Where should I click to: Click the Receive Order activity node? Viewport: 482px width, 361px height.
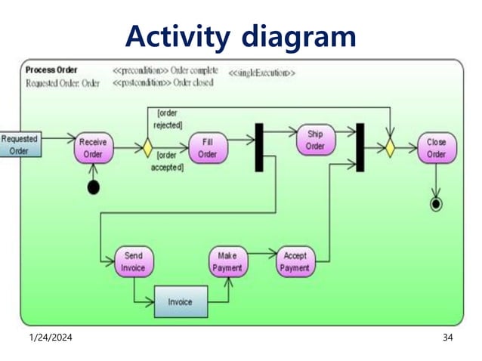92,148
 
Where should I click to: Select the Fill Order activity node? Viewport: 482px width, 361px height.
207,147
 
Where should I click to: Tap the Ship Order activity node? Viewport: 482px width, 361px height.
314,140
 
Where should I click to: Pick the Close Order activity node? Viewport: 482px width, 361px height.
436,148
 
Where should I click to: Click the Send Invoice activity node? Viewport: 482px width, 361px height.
133,261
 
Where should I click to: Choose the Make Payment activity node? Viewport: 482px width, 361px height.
227,261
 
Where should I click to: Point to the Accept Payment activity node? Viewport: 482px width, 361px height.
295,261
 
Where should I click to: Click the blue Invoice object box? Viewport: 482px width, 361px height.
180,302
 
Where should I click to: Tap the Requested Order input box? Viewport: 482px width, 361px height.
20,144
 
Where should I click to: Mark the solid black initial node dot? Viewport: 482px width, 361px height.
93,187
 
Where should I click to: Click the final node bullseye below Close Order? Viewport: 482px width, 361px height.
436,205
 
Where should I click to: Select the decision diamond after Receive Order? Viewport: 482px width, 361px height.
147,147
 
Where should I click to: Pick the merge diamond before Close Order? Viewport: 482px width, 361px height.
389,147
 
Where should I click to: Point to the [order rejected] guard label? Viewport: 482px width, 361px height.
168,119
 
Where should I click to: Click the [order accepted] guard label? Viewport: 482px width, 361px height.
168,161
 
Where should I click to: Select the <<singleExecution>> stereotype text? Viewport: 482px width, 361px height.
261,73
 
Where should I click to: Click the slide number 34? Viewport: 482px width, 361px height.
447,337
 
